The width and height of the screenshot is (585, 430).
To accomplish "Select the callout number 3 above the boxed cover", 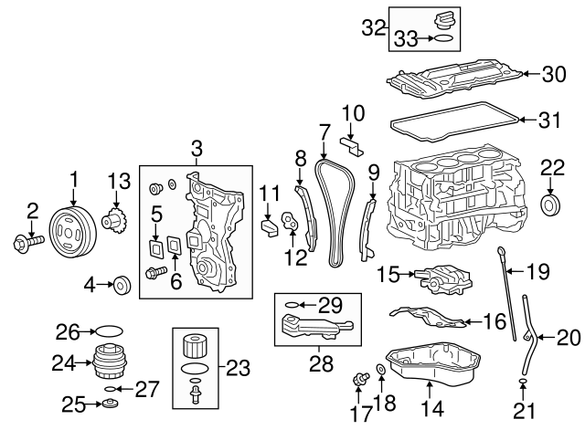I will pyautogui.click(x=196, y=149).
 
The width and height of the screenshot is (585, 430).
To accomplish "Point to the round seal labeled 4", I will pyautogui.click(x=119, y=286).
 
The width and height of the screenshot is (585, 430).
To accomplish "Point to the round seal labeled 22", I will pyautogui.click(x=552, y=203).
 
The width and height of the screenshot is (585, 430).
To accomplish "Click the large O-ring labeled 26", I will pyautogui.click(x=107, y=330).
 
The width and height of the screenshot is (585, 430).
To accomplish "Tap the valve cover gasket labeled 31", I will pyautogui.click(x=457, y=120).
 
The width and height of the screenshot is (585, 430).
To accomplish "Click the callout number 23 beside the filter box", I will pyautogui.click(x=238, y=369).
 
